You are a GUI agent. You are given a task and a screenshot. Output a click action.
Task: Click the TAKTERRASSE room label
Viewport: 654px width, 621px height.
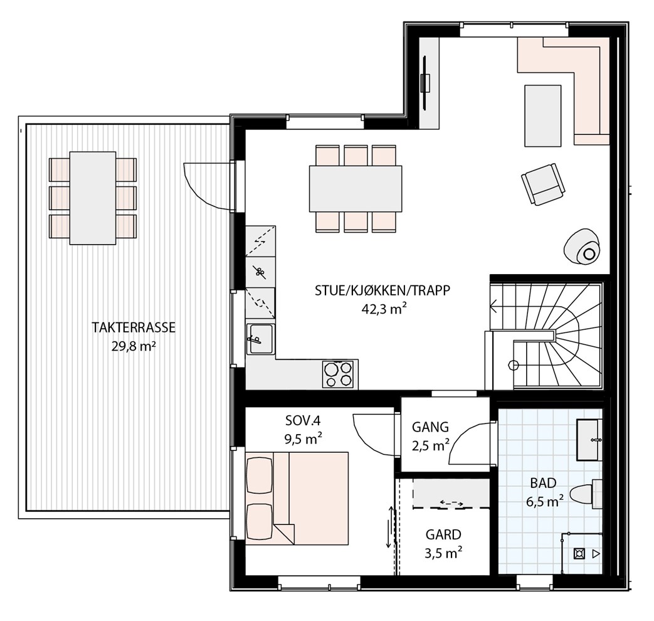point(134,327)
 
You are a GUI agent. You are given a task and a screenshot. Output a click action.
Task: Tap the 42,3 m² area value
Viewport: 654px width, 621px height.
point(384,309)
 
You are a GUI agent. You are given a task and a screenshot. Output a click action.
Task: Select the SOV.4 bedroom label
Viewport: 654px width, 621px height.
point(303,421)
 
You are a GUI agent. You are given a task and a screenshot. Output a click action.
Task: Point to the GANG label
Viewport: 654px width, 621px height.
point(430,427)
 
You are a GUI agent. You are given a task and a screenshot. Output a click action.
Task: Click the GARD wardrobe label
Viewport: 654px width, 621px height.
point(443,534)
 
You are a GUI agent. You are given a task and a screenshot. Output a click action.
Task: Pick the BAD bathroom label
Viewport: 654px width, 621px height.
point(543,483)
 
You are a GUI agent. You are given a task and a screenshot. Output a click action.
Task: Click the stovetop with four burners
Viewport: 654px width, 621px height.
point(337,374)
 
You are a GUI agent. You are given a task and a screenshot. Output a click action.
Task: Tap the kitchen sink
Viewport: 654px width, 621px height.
point(260,339)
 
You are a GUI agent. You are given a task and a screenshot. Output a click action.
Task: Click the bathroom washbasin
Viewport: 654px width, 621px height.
point(589,440)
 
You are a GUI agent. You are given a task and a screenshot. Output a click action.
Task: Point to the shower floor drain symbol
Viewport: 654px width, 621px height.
point(579,554)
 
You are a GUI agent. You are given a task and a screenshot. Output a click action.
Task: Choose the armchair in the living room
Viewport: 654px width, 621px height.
point(544,184)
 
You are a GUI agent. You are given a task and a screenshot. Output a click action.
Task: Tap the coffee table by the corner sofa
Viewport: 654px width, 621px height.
point(542,115)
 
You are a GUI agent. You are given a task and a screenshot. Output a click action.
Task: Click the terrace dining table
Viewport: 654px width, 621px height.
point(93,198)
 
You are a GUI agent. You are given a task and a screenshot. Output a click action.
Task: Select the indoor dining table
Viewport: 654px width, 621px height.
point(356,189)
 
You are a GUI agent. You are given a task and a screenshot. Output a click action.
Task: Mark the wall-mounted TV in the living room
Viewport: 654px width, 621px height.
point(425,83)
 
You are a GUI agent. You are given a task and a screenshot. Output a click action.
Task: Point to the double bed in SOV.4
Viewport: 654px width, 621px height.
point(297,498)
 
